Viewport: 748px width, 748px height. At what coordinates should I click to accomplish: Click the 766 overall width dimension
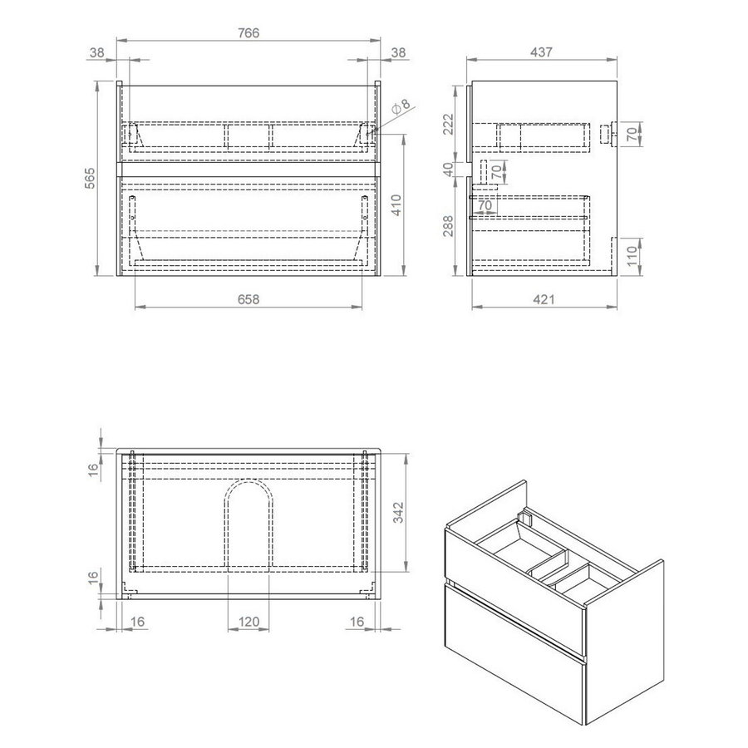250,32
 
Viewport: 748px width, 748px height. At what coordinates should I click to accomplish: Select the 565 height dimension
93,178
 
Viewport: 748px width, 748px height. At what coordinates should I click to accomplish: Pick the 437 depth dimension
542,52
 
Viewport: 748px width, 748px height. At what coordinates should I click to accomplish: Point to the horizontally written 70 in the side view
485,205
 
